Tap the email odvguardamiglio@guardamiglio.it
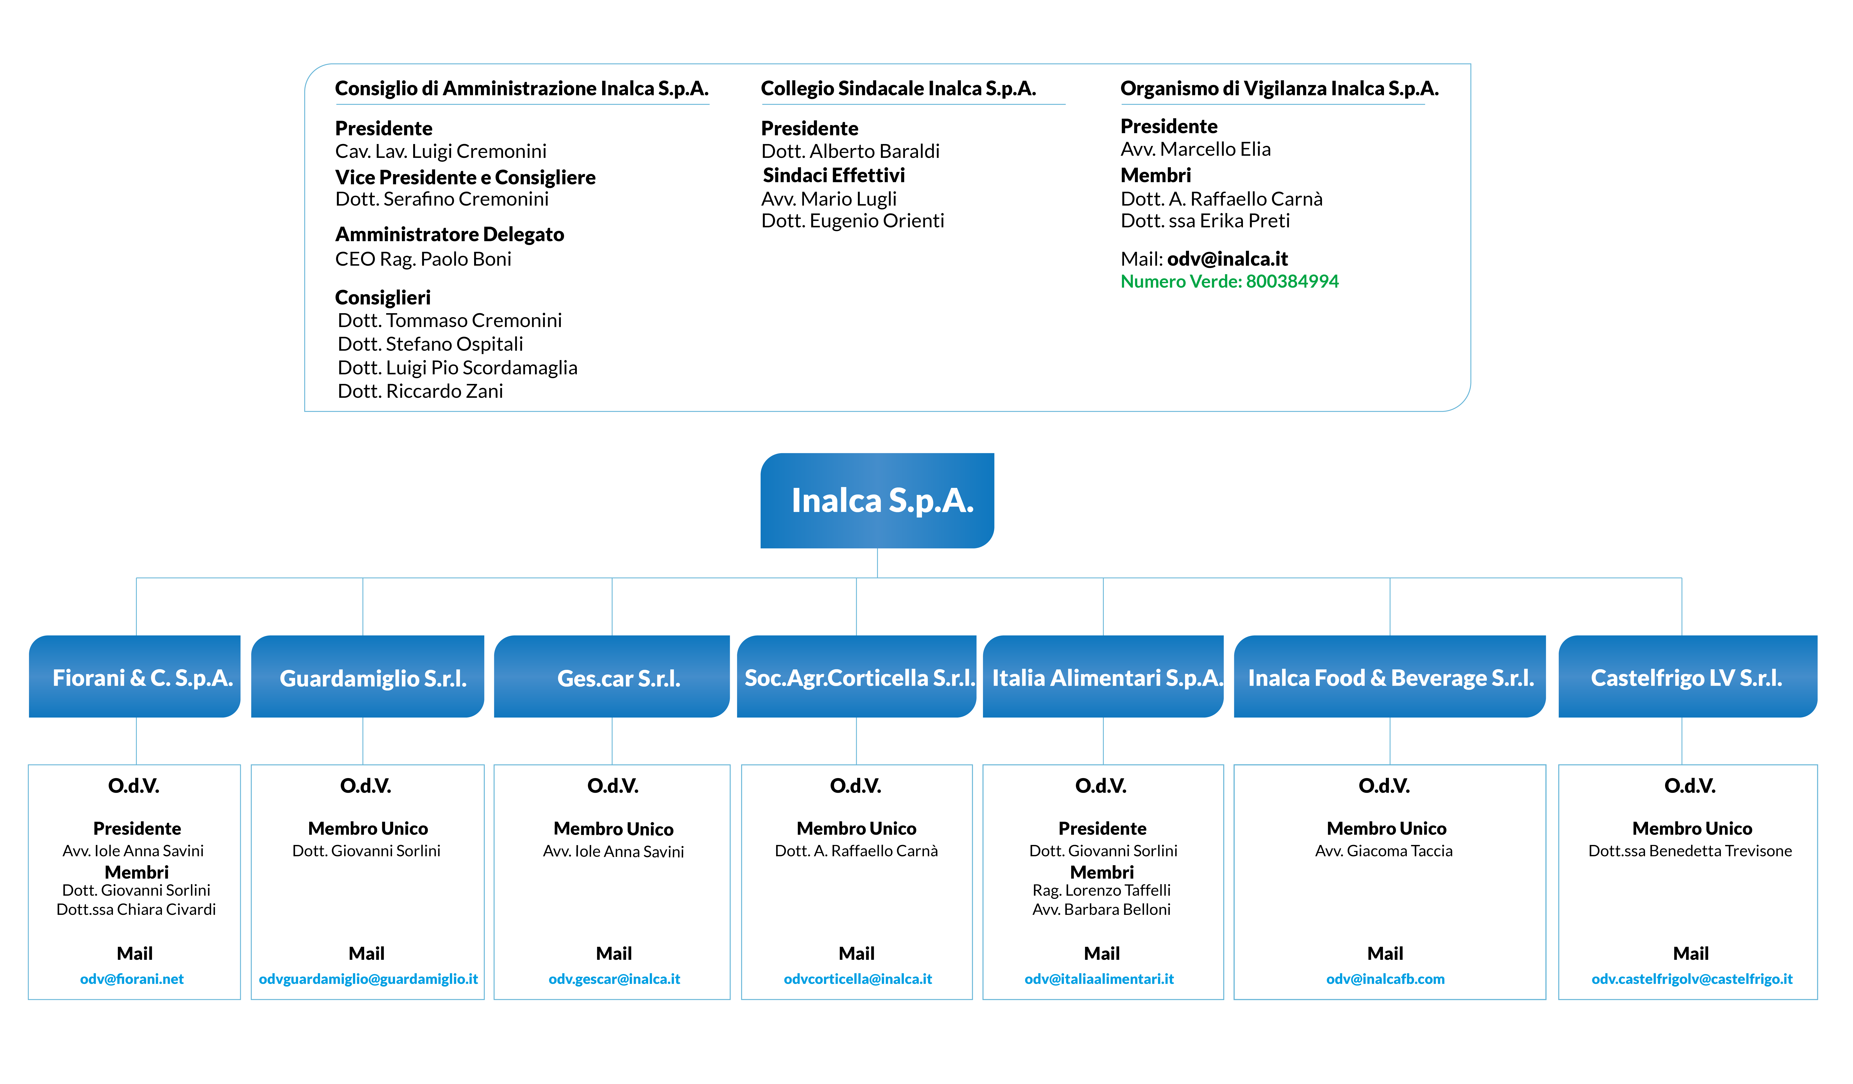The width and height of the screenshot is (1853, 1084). [x=368, y=979]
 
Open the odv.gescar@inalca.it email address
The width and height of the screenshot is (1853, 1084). [x=614, y=979]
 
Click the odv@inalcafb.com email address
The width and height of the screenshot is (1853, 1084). [x=1385, y=979]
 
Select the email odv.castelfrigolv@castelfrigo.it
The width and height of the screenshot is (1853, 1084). [x=1692, y=979]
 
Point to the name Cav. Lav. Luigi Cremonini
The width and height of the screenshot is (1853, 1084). [x=440, y=151]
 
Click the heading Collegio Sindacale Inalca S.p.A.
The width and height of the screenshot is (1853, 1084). [x=899, y=89]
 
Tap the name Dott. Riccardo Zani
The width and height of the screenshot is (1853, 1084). [x=421, y=391]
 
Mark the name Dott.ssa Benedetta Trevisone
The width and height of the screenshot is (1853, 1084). [x=1690, y=851]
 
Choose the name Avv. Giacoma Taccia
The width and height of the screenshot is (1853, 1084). [x=1384, y=851]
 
